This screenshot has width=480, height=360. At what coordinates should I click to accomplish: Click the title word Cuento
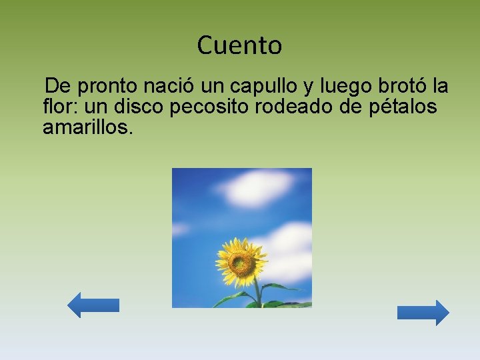[x=239, y=46]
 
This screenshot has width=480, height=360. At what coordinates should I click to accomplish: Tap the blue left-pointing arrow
[x=93, y=305]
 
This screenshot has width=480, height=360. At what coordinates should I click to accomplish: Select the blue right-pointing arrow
[x=423, y=313]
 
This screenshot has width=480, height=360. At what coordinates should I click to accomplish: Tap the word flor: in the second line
[x=61, y=107]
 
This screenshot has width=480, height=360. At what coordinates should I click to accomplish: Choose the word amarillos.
[x=88, y=127]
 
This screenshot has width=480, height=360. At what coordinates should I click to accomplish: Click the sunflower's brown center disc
[x=241, y=262]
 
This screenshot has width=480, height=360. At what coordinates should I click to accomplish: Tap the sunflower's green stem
[x=257, y=293]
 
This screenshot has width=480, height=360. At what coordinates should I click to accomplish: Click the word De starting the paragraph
[x=57, y=87]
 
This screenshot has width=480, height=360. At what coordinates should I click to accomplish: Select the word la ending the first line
[x=440, y=87]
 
